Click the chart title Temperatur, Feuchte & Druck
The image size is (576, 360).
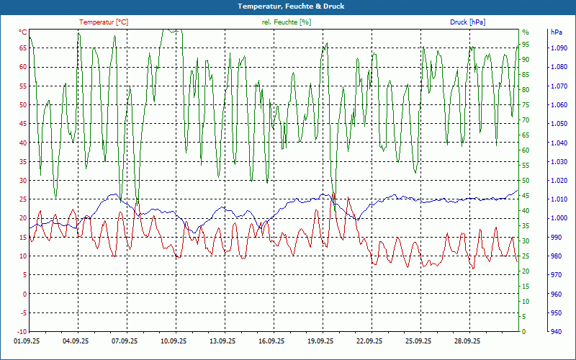click(288, 6)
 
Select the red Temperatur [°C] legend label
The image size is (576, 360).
click(104, 22)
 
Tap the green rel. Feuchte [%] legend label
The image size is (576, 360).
click(287, 22)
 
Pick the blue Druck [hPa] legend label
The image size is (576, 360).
click(467, 22)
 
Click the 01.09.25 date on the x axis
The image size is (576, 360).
click(27, 341)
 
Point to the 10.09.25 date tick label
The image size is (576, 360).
click(174, 341)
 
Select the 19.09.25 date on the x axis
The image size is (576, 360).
click(320, 341)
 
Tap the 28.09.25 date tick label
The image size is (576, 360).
click(467, 341)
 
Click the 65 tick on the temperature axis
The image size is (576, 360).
click(23, 48)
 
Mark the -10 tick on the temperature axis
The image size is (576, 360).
click(22, 332)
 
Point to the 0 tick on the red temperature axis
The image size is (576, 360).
click(25, 294)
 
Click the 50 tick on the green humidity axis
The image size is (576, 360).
click(526, 181)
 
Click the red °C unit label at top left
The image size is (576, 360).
click(23, 32)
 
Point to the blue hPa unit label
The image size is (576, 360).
click(556, 32)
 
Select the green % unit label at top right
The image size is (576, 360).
click(526, 32)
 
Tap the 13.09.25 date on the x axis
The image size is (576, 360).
click(222, 341)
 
